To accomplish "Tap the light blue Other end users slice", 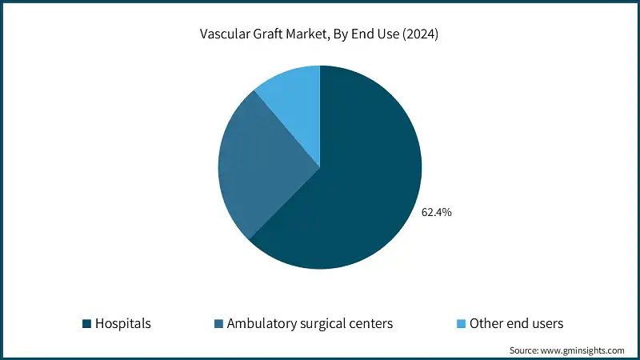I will pyautogui.click(x=292, y=96).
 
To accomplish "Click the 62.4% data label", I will pyautogui.click(x=436, y=213).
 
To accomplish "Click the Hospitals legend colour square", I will pyautogui.click(x=86, y=324).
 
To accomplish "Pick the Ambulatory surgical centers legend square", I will pyautogui.click(x=218, y=324).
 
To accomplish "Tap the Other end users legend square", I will pyautogui.click(x=460, y=324).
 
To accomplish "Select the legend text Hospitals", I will pyautogui.click(x=123, y=324).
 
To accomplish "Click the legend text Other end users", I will pyautogui.click(x=517, y=324).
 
